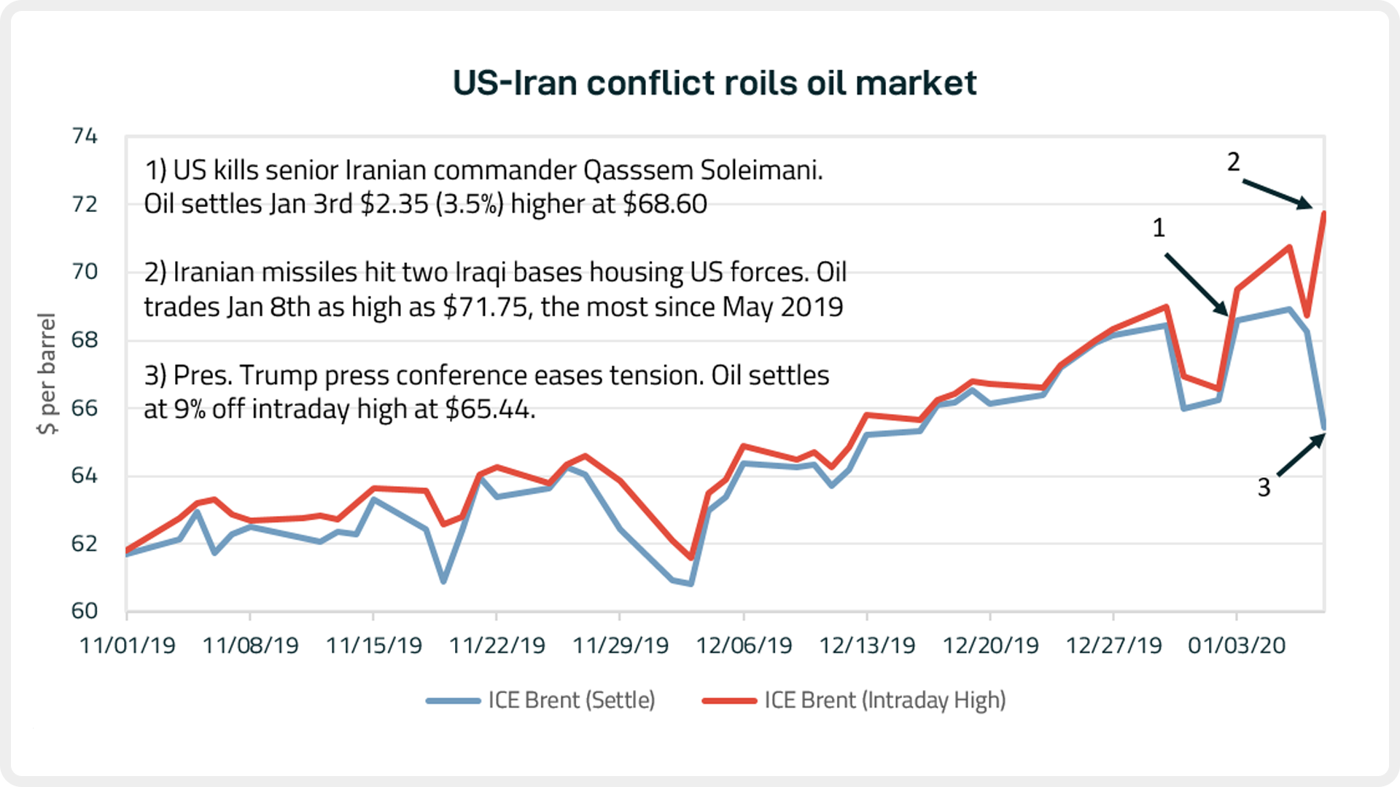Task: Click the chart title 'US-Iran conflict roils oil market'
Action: click(x=714, y=83)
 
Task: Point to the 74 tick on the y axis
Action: click(x=85, y=136)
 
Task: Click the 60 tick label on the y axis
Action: click(x=85, y=611)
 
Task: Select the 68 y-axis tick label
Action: click(x=85, y=340)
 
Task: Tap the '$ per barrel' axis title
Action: click(x=47, y=374)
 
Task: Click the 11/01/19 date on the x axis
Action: click(x=127, y=646)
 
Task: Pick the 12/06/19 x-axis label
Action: click(x=744, y=646)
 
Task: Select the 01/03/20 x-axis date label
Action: click(x=1237, y=646)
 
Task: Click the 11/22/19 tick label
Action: click(x=497, y=646)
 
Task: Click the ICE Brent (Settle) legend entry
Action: click(x=541, y=700)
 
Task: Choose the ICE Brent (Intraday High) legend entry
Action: click(x=854, y=700)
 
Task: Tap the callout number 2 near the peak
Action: click(x=1233, y=162)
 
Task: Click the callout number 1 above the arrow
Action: click(x=1159, y=229)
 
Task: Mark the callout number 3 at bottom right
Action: click(x=1264, y=488)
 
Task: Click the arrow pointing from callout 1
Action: click(x=1196, y=284)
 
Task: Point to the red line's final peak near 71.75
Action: click(x=1323, y=213)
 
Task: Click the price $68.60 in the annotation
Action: click(x=664, y=204)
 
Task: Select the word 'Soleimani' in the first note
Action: click(x=761, y=171)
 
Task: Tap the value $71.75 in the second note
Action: click(x=485, y=308)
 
